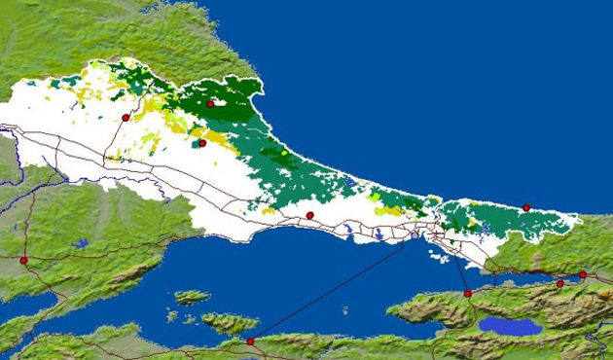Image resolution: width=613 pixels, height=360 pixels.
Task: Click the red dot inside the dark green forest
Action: pyautogui.click(x=210, y=103)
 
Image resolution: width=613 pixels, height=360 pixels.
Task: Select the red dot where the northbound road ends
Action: pyautogui.click(x=126, y=117)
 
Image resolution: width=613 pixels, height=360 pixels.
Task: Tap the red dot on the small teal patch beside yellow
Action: pyautogui.click(x=202, y=143)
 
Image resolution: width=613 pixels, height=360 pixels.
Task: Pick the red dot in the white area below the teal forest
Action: pyautogui.click(x=309, y=215)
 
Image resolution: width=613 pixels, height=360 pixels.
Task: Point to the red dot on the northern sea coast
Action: pyautogui.click(x=526, y=207)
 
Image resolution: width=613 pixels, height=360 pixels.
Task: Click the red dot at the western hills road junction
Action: pyautogui.click(x=24, y=260)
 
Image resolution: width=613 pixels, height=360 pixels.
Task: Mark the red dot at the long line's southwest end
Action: pyautogui.click(x=250, y=342)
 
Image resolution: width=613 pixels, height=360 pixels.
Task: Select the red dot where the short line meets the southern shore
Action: pyautogui.click(x=467, y=293)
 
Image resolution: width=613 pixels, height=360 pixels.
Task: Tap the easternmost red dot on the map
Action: pyautogui.click(x=583, y=274)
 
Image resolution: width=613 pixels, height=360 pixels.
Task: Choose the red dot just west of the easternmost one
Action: pyautogui.click(x=559, y=283)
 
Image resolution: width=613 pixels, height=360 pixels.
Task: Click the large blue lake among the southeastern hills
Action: pyautogui.click(x=510, y=325)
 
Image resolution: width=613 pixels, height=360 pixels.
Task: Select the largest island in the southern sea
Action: pyautogui.click(x=230, y=322)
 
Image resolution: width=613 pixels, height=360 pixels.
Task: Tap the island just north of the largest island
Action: pyautogui.click(x=192, y=297)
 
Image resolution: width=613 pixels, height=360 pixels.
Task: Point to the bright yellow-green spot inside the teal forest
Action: pyautogui.click(x=283, y=155)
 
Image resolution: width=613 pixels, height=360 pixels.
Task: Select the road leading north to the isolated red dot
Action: pyautogui.click(x=115, y=136)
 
